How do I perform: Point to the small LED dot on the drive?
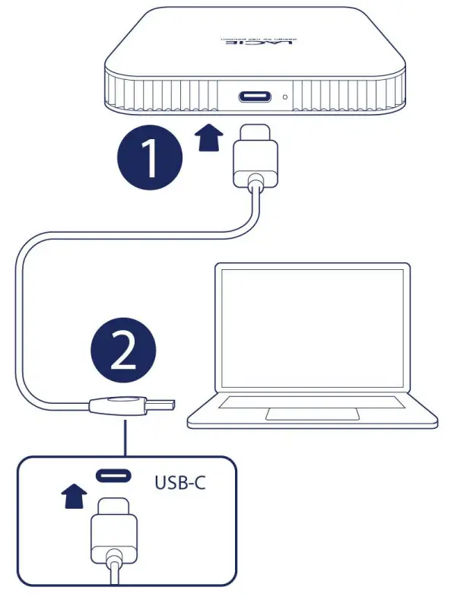[x=285, y=98]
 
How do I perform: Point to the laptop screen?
[x=313, y=332]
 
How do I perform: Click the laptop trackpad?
[x=313, y=414]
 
